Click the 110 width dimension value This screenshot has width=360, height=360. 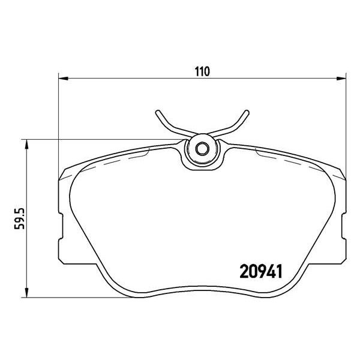203,71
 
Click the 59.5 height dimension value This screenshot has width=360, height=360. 19,218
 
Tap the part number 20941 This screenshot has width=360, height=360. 261,271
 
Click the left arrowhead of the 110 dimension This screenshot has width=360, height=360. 64,79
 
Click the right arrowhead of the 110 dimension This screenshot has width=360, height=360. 341,79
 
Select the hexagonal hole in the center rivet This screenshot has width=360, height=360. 202,149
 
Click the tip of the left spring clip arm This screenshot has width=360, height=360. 157,112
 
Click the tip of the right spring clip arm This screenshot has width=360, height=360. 247,112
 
